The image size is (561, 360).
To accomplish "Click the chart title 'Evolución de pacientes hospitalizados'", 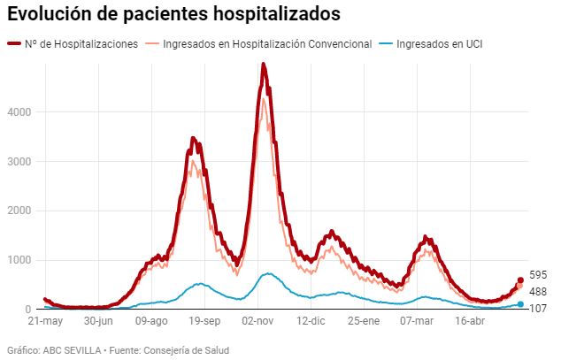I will pos(173,15).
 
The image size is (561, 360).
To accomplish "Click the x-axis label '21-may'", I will pos(45,322).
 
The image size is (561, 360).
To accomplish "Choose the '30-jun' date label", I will pos(98,322).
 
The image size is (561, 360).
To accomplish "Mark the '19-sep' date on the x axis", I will pos(205,322).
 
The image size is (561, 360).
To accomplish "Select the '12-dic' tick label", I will pos(313,322).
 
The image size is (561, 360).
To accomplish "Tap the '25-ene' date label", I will pos(365,322).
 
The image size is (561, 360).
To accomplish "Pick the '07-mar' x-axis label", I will pos(419,322).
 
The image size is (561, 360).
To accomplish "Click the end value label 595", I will pos(538,275).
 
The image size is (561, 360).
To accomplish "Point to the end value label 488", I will pos(538,292).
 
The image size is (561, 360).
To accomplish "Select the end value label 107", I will pos(538,309).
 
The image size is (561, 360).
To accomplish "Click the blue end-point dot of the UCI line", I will pos(520,304).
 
